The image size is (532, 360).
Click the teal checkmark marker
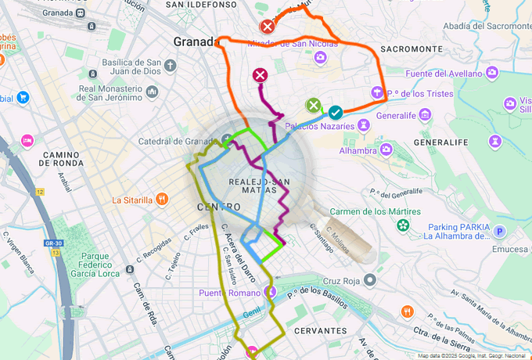[336, 113]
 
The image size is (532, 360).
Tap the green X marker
[313, 105]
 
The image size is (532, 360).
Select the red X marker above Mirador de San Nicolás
[267, 27]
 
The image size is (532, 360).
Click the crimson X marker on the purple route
[260, 75]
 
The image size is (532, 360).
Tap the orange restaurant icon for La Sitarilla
[160, 200]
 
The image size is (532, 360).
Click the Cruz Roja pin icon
[370, 280]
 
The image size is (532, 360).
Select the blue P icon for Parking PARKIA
[501, 232]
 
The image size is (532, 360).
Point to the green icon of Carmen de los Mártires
[402, 226]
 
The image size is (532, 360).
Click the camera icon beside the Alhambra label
[386, 149]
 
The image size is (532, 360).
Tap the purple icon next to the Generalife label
[424, 115]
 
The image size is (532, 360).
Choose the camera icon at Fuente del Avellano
[492, 73]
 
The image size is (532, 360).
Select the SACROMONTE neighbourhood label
[411, 49]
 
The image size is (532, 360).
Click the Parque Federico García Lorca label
[106, 265]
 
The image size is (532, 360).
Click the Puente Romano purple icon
[271, 293]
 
